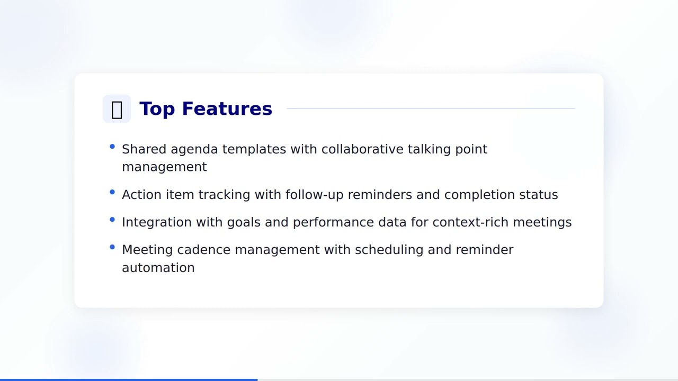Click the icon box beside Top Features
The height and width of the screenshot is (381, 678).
tap(117, 109)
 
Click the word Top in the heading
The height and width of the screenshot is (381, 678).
tap(157, 108)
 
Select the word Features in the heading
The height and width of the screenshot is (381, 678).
tap(227, 108)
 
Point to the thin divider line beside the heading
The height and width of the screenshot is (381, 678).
tap(430, 108)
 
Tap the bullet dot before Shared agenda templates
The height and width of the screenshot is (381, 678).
tap(112, 147)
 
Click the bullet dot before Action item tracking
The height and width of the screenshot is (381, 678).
tap(112, 193)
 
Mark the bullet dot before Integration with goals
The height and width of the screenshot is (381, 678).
tap(112, 220)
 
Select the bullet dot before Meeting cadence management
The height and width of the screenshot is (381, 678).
tap(112, 247)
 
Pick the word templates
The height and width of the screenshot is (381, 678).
tap(254, 149)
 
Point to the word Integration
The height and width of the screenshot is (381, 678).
tap(157, 222)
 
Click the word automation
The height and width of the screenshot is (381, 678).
tap(158, 268)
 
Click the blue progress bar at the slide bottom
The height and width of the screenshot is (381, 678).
tap(129, 379)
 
